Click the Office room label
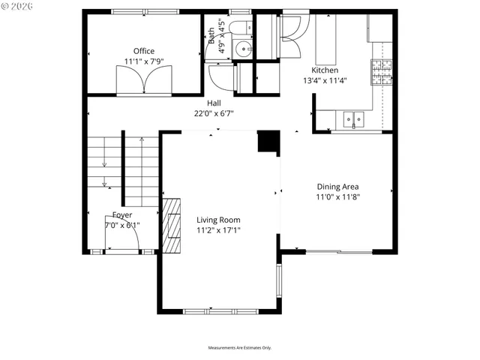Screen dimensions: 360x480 [x=144, y=51]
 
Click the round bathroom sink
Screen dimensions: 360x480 [x=243, y=50]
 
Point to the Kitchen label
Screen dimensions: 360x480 [x=325, y=70]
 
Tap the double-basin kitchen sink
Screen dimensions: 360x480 [x=353, y=118]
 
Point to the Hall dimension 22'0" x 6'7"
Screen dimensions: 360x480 [x=214, y=114]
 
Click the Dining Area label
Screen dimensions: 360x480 [x=337, y=187]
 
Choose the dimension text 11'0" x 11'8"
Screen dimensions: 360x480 [x=337, y=197]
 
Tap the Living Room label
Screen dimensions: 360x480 [x=218, y=220]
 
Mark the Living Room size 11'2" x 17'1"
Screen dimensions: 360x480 [x=218, y=230]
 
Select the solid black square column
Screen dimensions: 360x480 [x=268, y=142]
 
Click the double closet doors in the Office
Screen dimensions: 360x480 [x=145, y=79]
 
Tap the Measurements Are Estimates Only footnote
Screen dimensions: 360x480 [x=240, y=347]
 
